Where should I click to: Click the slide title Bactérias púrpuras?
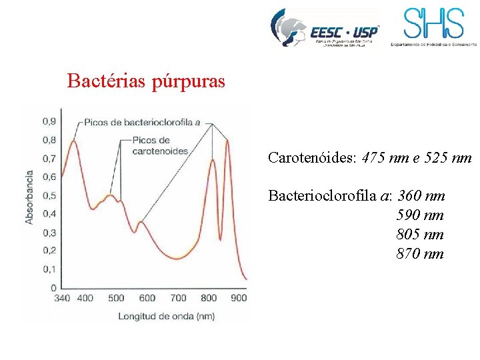tap(146, 82)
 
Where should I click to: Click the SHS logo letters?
tap(433, 24)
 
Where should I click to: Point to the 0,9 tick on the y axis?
tap(49, 121)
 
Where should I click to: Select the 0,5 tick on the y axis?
tap(49, 195)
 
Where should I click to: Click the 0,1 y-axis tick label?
tap(49, 269)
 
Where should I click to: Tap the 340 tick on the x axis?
tap(61, 298)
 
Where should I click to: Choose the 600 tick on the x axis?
tap(147, 298)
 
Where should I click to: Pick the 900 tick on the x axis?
tap(238, 298)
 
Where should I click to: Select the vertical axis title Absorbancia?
tap(29, 197)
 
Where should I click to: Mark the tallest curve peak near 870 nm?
tap(227, 140)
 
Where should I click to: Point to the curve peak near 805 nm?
tap(213, 160)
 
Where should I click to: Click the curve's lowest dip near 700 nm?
tap(177, 257)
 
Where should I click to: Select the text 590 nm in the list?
tap(420, 215)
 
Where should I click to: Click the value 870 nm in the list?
tap(420, 254)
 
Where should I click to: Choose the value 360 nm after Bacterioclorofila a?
tap(421, 196)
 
